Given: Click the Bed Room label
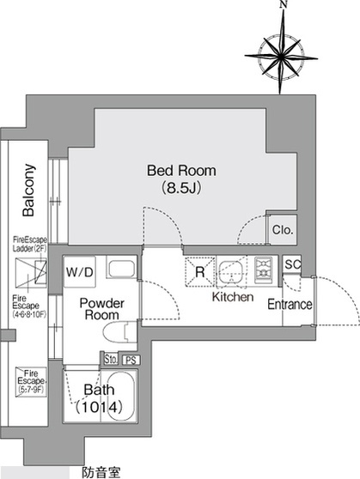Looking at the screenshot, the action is pyautogui.click(x=181, y=171).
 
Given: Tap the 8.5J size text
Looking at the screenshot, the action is pyautogui.click(x=181, y=188).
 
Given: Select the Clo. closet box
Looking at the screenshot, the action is pyautogui.click(x=283, y=230).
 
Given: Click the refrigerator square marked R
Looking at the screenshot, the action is pyautogui.click(x=199, y=271).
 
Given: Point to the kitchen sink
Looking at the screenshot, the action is pyautogui.click(x=231, y=271).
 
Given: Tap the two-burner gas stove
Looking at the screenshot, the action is pyautogui.click(x=264, y=270).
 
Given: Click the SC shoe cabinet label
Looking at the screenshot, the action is pyautogui.click(x=292, y=264).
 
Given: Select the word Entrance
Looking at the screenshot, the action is pyautogui.click(x=290, y=304).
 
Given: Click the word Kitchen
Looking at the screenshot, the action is pyautogui.click(x=233, y=297).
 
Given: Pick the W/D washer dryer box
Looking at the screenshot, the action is pyautogui.click(x=80, y=271).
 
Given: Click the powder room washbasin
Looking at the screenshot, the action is pyautogui.click(x=122, y=269).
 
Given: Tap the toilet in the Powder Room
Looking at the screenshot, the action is pyautogui.click(x=120, y=332).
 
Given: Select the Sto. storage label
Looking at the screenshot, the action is pyautogui.click(x=111, y=359).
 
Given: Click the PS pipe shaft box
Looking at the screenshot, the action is pyautogui.click(x=131, y=360).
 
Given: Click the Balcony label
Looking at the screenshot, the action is pyautogui.click(x=28, y=190).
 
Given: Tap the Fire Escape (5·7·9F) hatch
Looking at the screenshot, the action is pyautogui.click(x=31, y=382).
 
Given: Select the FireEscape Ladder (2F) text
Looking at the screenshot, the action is pyautogui.click(x=30, y=244).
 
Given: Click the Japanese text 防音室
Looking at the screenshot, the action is pyautogui.click(x=101, y=472).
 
